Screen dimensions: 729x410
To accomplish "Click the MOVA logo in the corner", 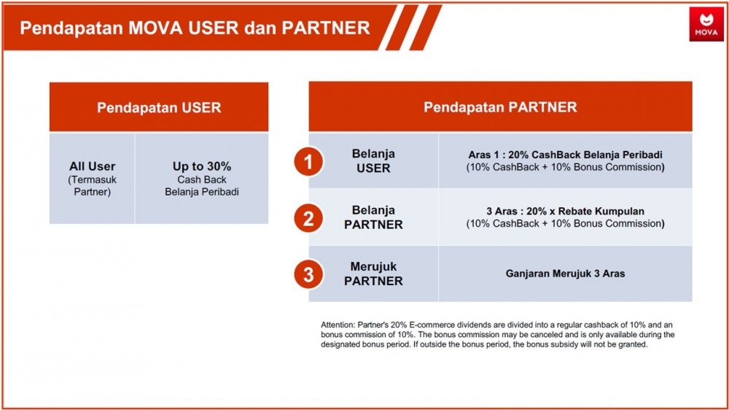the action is [706, 24].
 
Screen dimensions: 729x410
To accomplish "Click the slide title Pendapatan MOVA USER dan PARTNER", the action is [195, 28].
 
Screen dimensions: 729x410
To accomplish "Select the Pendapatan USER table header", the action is [159, 107].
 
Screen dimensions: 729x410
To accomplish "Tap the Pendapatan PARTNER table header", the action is [500, 107].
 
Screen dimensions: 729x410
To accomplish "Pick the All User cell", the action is [92, 179].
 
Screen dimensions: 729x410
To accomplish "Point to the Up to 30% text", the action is [202, 166].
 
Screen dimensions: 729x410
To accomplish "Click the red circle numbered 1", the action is [308, 162].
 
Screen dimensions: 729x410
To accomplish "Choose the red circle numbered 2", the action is [308, 218].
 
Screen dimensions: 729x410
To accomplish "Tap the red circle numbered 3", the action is [308, 274].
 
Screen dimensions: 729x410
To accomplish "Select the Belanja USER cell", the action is [373, 160].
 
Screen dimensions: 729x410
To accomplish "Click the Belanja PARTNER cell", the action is [373, 217].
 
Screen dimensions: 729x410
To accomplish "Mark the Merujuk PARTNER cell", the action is [373, 274].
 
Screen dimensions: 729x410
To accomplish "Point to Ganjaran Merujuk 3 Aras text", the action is [566, 274].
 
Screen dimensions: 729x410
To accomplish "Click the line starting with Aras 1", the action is [566, 155].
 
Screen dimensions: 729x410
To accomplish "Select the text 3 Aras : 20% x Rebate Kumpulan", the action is [566, 211].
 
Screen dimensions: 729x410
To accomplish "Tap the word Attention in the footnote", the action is [338, 325].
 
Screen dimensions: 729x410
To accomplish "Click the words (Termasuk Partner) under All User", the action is [92, 186].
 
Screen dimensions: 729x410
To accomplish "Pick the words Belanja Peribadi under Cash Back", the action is [202, 192].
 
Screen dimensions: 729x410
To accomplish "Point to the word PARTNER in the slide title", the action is [326, 28].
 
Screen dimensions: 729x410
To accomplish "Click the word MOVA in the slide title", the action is [155, 28].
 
